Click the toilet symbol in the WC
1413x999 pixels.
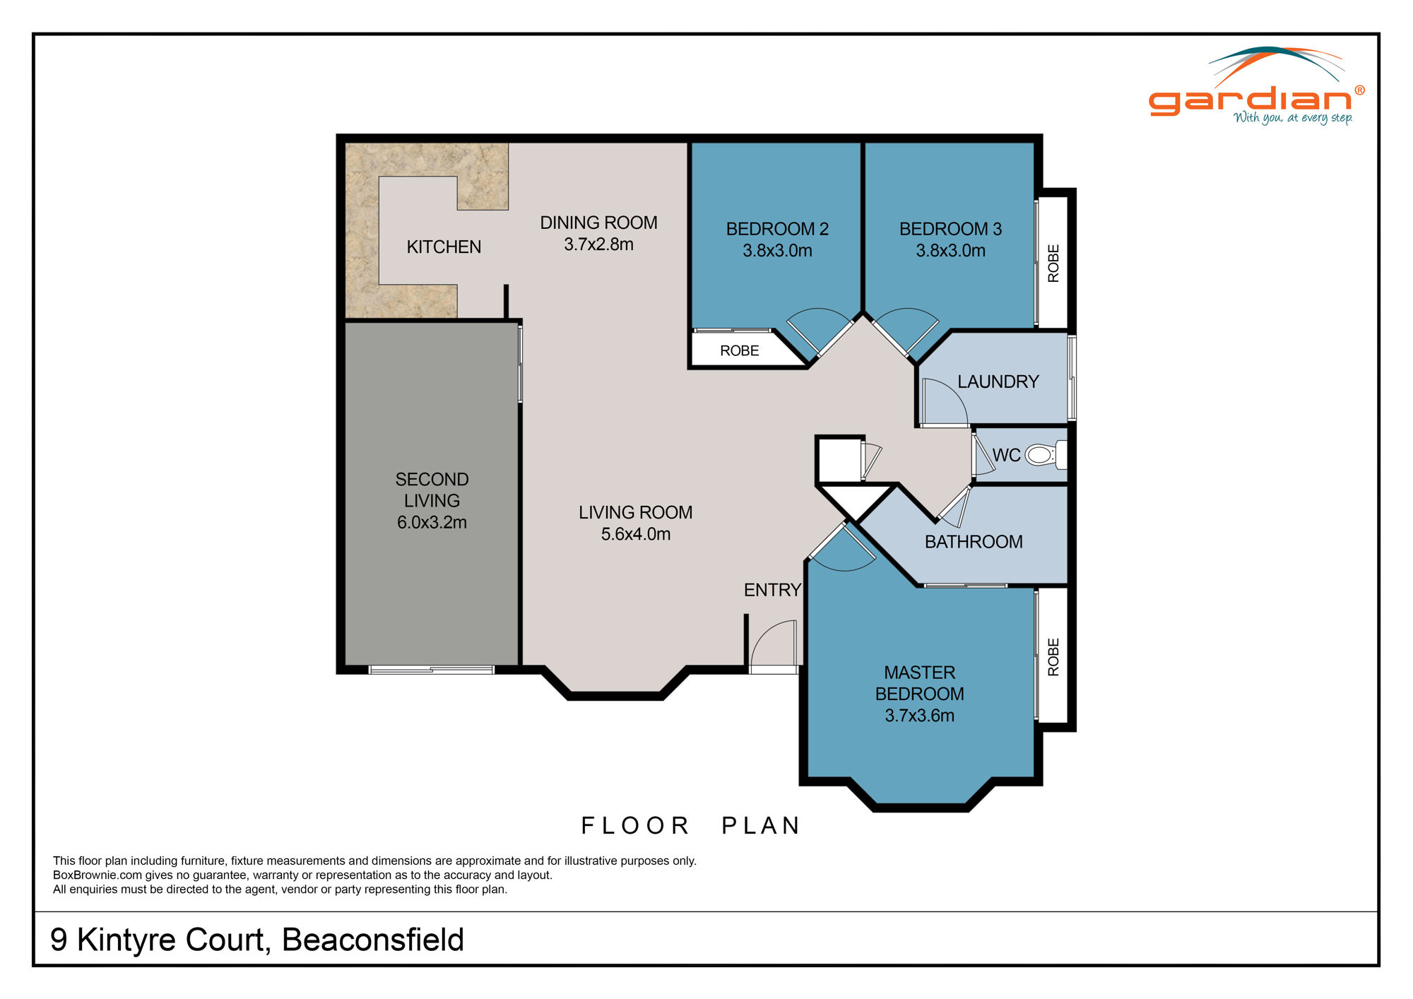(1040, 455)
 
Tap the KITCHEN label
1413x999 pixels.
(444, 247)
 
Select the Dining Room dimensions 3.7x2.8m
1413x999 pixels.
(598, 244)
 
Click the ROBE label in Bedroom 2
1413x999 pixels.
(739, 350)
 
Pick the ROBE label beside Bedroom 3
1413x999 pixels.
(1053, 264)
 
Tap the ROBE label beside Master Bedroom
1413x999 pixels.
(1053, 657)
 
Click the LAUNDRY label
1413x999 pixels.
(998, 382)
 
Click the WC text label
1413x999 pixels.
(1006, 455)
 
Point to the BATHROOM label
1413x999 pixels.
(974, 542)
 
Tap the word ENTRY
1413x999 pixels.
(772, 590)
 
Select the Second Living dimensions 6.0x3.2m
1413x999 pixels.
(432, 523)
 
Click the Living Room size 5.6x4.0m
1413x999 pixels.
(635, 534)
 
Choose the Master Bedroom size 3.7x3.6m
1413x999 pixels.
(919, 716)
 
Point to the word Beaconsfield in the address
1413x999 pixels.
(372, 940)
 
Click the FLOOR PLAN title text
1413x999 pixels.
(690, 825)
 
